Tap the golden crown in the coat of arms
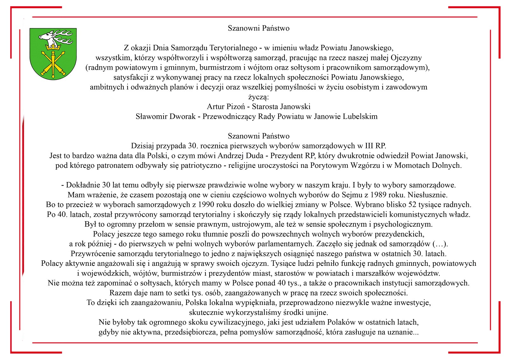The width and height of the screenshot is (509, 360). (x=53, y=47)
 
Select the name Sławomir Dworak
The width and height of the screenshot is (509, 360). (x=165, y=116)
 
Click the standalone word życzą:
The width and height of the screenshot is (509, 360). (x=258, y=97)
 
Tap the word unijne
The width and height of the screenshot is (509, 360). (x=317, y=313)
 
